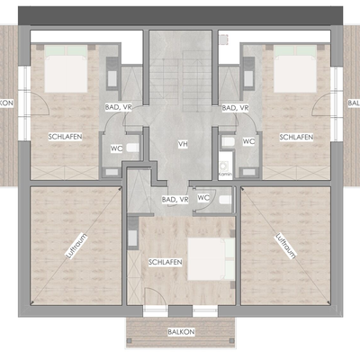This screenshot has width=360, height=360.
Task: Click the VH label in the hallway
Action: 182,143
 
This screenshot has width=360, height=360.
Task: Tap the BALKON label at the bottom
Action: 179,331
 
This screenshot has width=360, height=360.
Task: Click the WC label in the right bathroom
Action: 248,140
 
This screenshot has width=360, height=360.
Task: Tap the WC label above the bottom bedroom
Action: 203,197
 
